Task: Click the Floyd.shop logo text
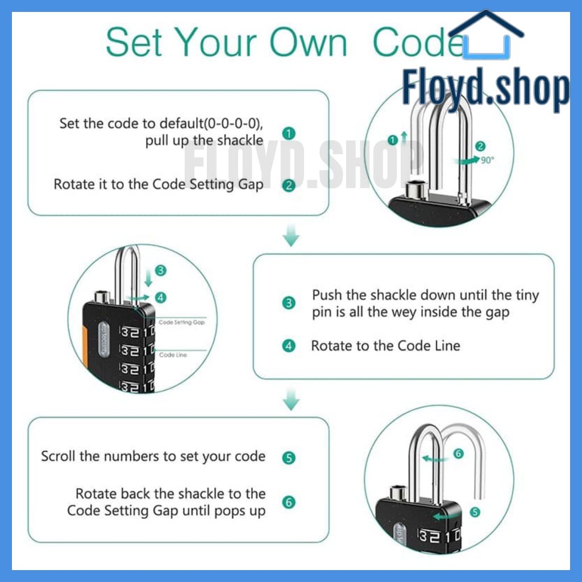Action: (486, 89)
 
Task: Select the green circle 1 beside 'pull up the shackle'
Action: (289, 134)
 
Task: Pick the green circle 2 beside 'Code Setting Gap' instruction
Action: (289, 186)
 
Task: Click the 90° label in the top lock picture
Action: (488, 160)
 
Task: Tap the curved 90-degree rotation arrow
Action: (467, 161)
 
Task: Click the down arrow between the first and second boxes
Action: (291, 235)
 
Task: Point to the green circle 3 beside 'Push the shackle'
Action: (289, 303)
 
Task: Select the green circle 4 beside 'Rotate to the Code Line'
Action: (289, 346)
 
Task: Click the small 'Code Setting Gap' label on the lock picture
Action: (182, 322)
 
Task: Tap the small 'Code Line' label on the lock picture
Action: (173, 355)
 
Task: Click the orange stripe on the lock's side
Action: (85, 347)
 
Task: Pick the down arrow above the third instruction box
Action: (291, 399)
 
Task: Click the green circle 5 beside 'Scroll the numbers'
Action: (289, 458)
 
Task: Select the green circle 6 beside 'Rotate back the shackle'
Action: (289, 502)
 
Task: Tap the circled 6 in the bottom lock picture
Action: (459, 454)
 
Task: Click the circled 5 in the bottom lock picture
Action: (475, 512)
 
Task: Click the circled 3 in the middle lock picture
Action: (161, 270)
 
